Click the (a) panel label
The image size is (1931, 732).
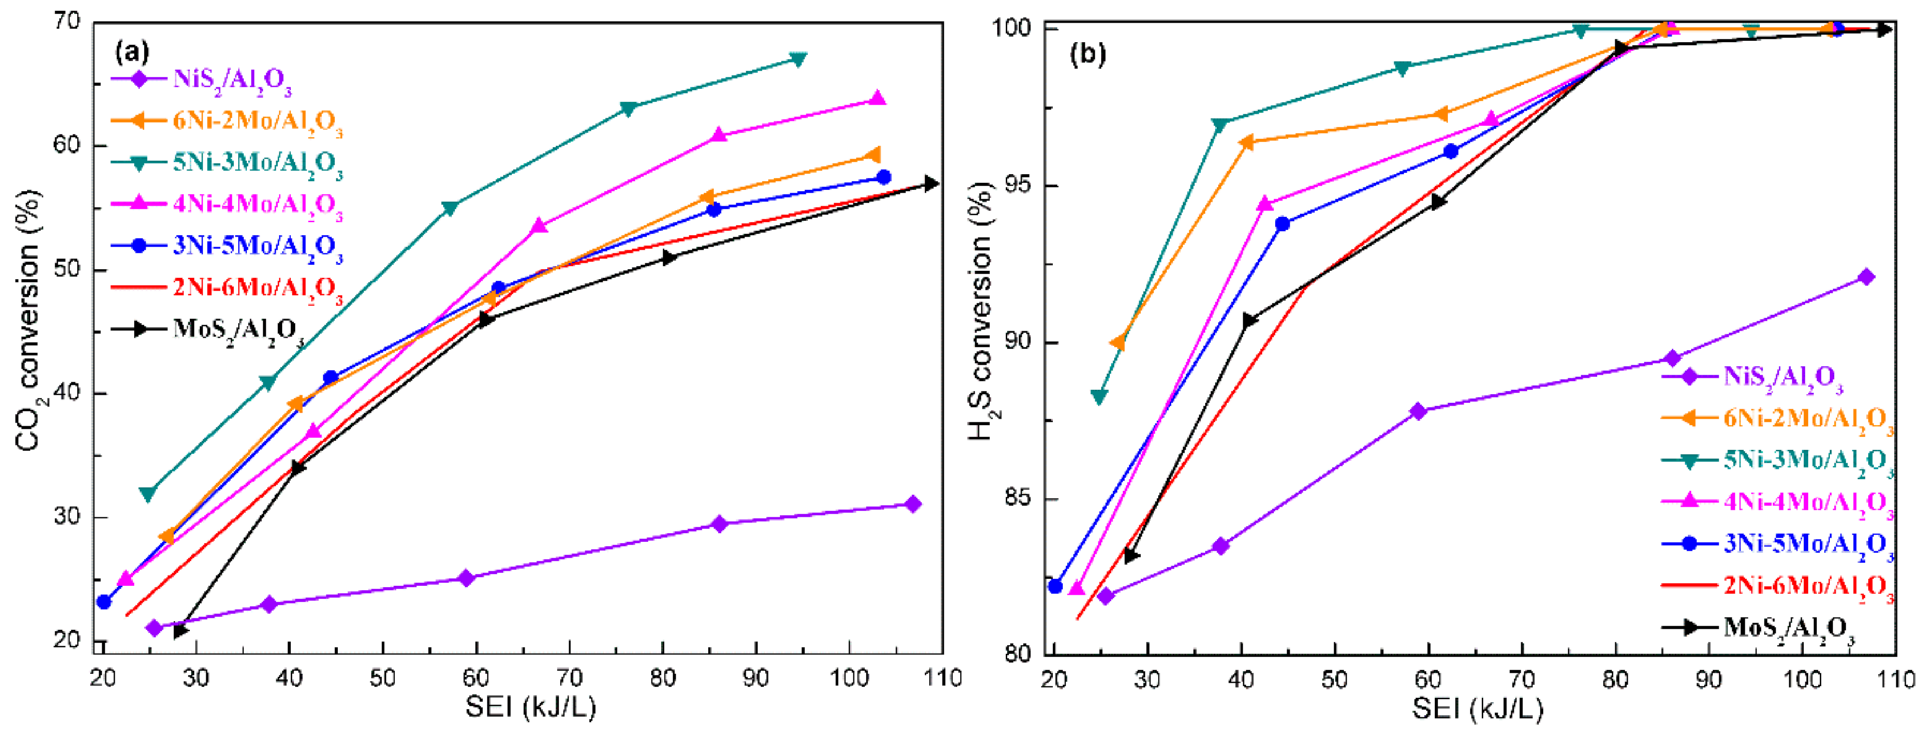132,52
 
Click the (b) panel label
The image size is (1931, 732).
1087,54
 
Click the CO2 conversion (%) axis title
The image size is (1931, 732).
29,319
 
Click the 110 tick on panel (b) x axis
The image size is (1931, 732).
1896,679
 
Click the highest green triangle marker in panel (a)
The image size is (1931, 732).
799,58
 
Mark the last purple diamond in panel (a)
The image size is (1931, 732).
912,504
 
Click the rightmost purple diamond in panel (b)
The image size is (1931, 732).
1866,277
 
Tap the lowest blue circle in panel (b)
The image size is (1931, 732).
1055,586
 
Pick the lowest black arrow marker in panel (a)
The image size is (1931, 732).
180,631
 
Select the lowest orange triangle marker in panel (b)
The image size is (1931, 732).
1118,343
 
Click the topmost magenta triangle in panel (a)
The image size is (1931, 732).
878,98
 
